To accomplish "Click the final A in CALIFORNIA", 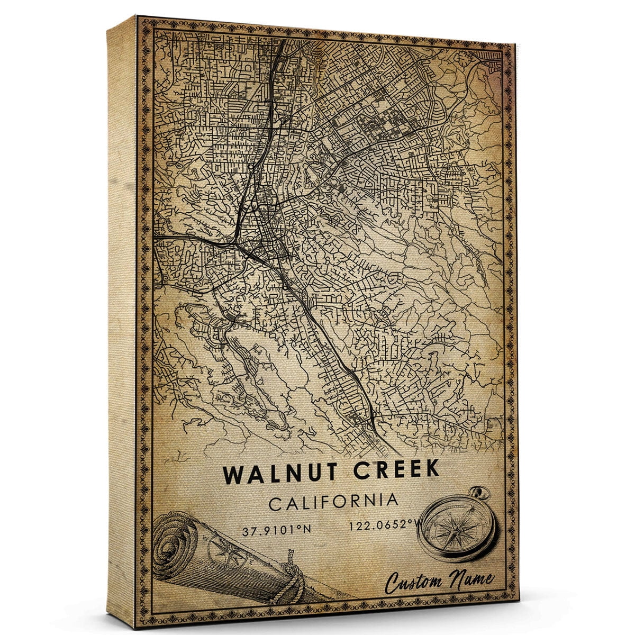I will (x=392, y=500).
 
